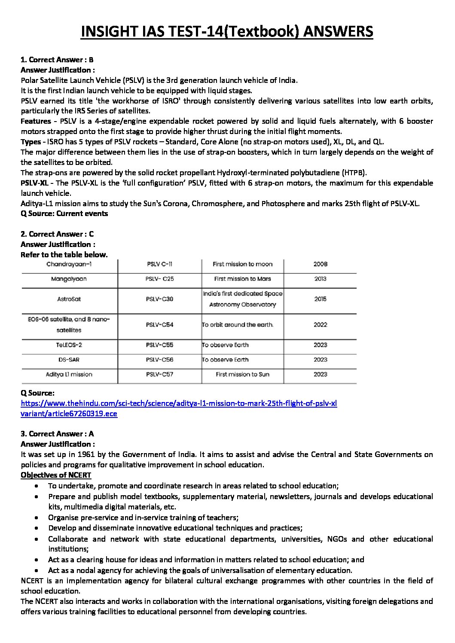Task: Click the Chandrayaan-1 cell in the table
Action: pos(69,264)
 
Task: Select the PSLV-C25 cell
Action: pos(159,279)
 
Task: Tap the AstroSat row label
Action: pos(69,299)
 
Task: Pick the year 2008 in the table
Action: pos(320,264)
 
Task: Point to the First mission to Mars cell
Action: pos(242,279)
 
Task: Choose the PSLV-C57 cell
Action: pos(159,375)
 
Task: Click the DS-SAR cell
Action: pos(69,360)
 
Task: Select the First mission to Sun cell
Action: pos(242,375)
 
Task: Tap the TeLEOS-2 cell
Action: pos(69,345)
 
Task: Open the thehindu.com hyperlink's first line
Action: pos(179,403)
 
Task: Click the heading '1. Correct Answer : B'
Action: pos(57,60)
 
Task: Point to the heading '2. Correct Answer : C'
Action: pos(57,234)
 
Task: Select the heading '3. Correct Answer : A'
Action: pos(57,434)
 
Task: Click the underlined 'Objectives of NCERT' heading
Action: pos(56,475)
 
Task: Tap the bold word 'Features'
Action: pos(36,121)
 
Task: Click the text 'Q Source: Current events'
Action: pos(64,213)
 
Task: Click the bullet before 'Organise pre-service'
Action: pos(39,518)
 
